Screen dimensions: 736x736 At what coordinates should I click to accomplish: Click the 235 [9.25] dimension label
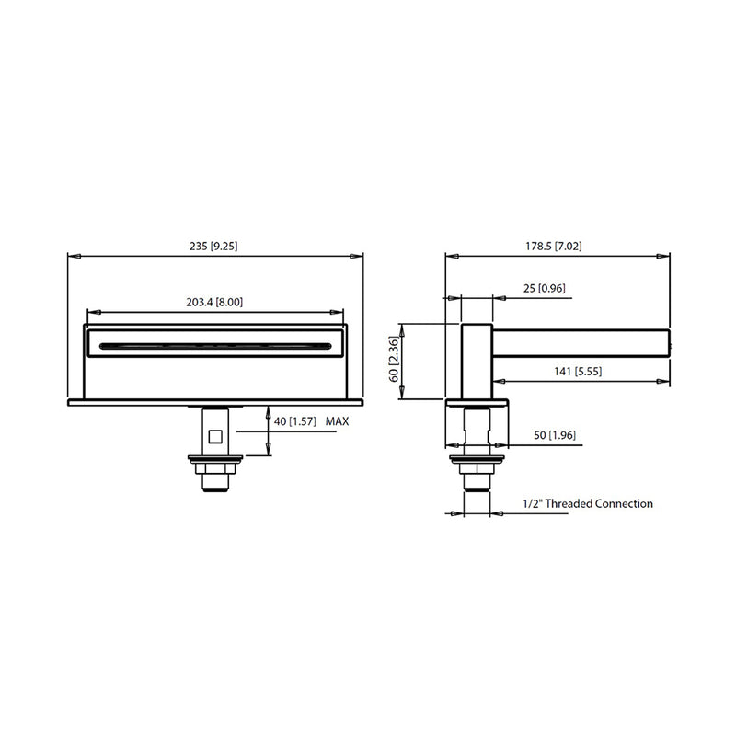[213, 246]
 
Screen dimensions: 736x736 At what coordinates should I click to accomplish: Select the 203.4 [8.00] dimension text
[214, 302]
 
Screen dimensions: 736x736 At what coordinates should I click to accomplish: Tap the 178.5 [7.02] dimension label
[554, 246]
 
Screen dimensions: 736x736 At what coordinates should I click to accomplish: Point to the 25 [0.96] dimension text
[545, 288]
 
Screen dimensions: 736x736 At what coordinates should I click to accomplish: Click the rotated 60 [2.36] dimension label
[394, 359]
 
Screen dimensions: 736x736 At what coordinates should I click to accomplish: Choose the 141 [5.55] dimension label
[578, 372]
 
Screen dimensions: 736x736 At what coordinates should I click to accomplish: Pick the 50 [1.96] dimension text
[555, 435]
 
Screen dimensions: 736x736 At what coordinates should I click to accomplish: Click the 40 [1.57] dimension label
[294, 421]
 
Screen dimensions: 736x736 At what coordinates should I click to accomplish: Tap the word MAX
[337, 421]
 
